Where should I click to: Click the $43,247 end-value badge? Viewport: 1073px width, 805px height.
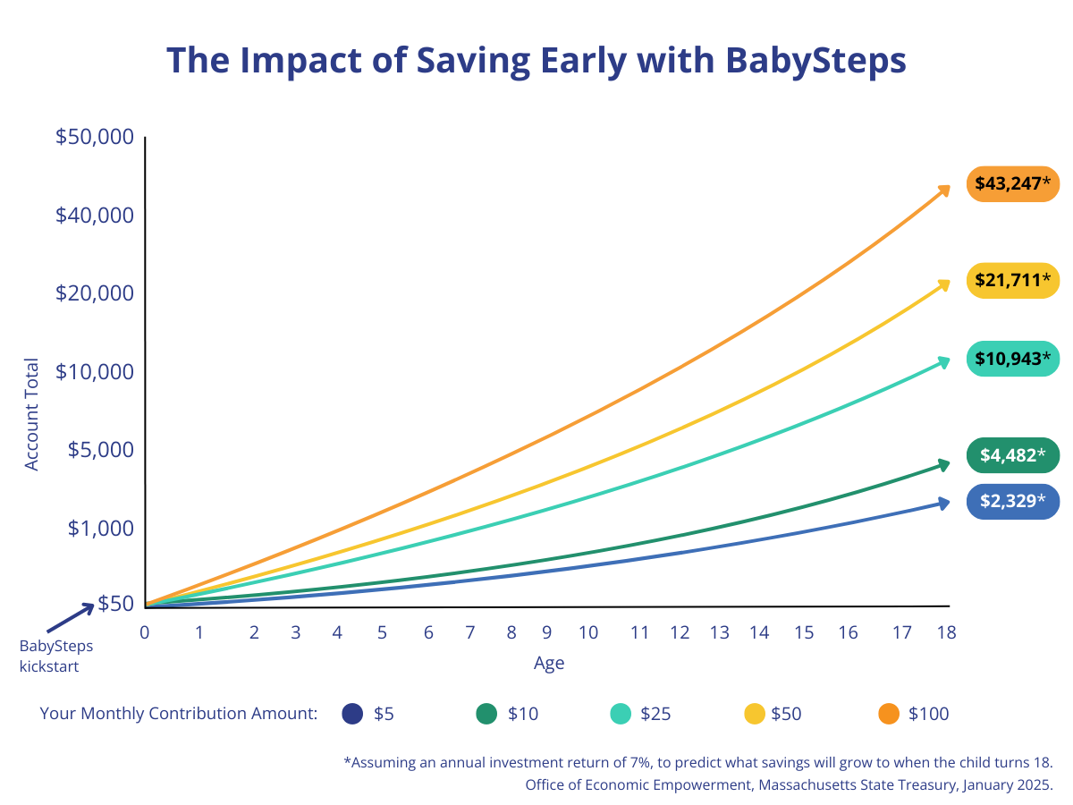click(x=1012, y=184)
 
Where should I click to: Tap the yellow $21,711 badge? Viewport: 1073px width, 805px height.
click(x=1012, y=281)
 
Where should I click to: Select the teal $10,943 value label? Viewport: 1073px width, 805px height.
click(x=1012, y=359)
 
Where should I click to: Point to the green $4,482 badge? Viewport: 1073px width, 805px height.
click(x=1012, y=455)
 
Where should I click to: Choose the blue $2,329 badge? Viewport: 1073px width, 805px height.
click(x=1012, y=501)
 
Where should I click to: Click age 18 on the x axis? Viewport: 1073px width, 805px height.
click(x=946, y=633)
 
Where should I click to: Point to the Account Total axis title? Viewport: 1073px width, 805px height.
click(x=32, y=414)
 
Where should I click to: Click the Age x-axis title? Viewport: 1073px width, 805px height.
click(x=549, y=664)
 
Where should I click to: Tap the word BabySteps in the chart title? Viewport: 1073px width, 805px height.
click(x=815, y=60)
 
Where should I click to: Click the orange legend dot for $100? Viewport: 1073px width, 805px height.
click(x=888, y=714)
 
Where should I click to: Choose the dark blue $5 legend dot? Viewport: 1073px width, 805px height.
click(x=353, y=714)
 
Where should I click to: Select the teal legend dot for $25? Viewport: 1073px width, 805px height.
click(x=621, y=714)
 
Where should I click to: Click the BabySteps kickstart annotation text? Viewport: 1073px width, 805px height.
click(x=56, y=656)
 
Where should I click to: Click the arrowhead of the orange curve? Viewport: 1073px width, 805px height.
click(x=944, y=189)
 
